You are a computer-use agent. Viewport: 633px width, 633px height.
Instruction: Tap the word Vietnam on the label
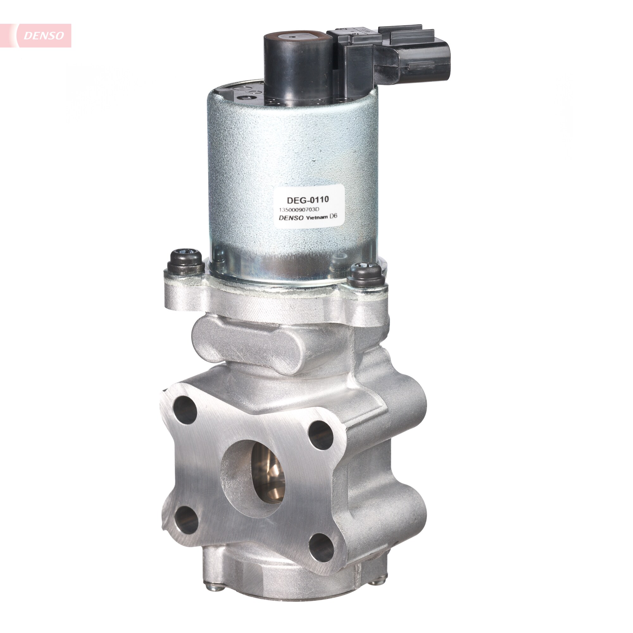pos(316,217)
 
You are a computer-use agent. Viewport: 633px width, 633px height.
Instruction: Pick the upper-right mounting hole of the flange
pos(320,435)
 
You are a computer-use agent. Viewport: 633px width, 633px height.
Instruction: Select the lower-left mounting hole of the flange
pos(186,520)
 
